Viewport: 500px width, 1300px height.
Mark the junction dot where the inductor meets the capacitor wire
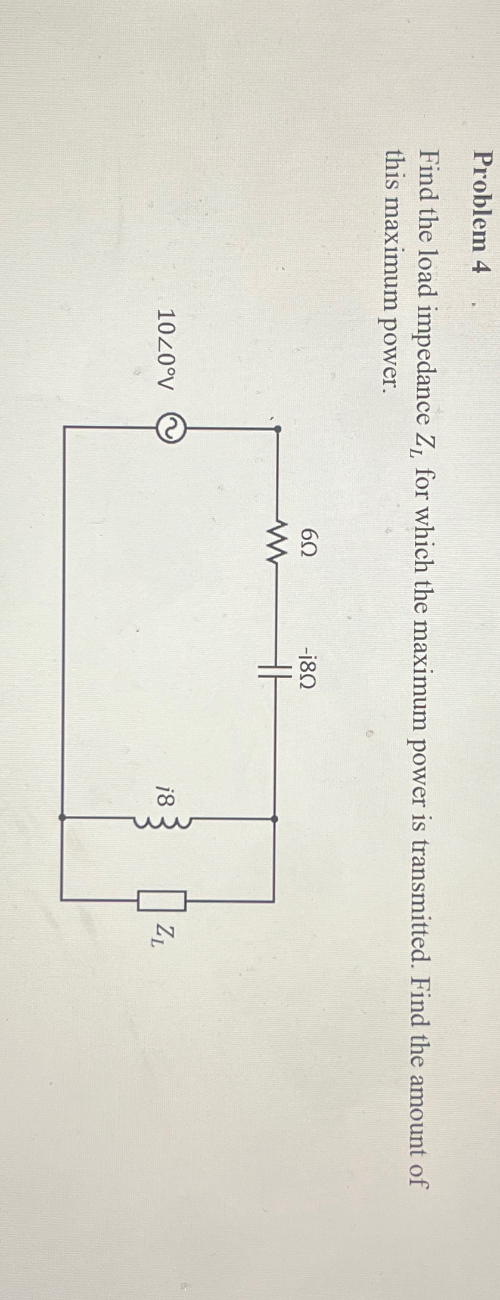pos(275,819)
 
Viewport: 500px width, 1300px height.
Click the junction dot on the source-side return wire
pos(62,819)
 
